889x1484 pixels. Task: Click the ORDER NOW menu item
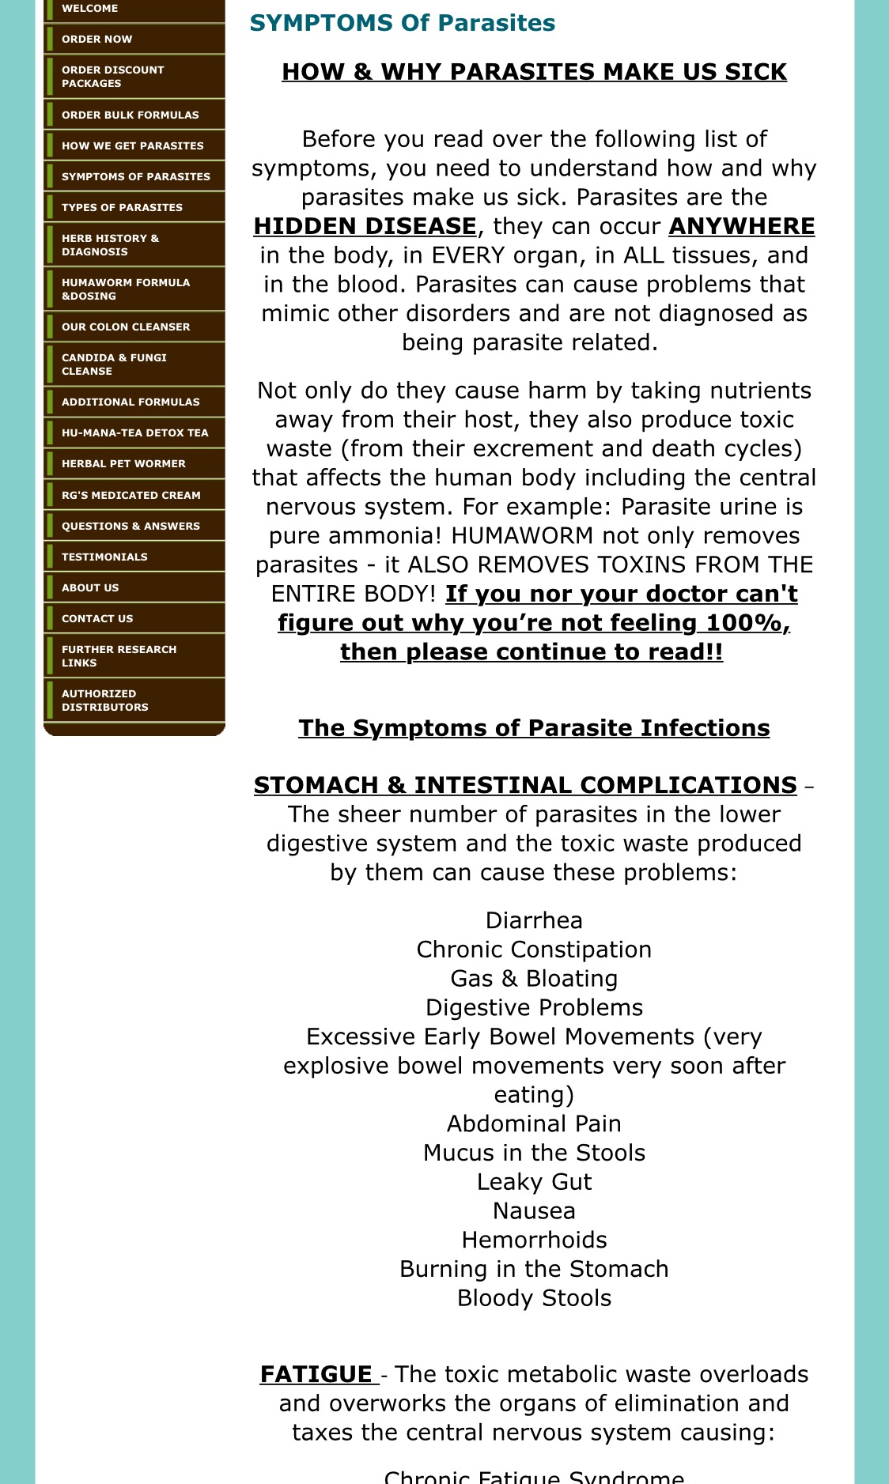click(97, 39)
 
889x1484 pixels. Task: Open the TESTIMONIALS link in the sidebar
click(104, 557)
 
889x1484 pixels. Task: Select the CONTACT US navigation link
click(97, 618)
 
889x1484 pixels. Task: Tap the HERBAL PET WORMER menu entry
click(123, 463)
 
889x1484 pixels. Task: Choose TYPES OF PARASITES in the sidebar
click(122, 207)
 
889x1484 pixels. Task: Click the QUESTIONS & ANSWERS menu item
click(131, 526)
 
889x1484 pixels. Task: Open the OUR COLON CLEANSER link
click(126, 327)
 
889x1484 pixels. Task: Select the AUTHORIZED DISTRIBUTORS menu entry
click(104, 700)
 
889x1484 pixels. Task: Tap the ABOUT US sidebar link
click(90, 587)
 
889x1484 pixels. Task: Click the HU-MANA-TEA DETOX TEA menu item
click(134, 432)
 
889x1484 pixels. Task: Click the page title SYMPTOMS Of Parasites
click(402, 23)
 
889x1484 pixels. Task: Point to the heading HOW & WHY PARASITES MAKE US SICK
click(534, 72)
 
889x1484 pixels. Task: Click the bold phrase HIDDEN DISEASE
click(365, 226)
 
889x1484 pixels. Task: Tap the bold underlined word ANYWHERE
click(741, 226)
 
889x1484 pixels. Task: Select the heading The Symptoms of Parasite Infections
click(534, 728)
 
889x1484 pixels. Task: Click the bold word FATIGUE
click(316, 1374)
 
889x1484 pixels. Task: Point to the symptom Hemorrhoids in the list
click(534, 1240)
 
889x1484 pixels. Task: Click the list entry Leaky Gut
click(534, 1182)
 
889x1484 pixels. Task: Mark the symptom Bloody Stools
click(534, 1298)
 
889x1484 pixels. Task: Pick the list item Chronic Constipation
click(534, 950)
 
